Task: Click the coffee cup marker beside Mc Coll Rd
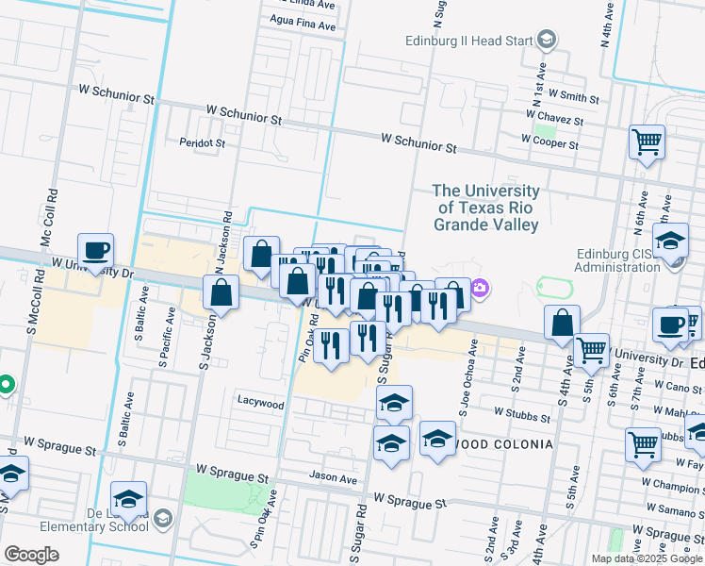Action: pyautogui.click(x=95, y=252)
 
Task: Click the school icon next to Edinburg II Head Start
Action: pyautogui.click(x=547, y=39)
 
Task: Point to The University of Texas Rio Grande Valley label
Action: pyautogui.click(x=485, y=208)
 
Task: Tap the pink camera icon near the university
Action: pyautogui.click(x=479, y=287)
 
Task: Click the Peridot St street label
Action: pyautogui.click(x=203, y=143)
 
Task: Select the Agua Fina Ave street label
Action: pyautogui.click(x=303, y=28)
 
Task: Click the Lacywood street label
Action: pyautogui.click(x=259, y=404)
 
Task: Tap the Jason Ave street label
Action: pyautogui.click(x=334, y=478)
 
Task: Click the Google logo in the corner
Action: pyautogui.click(x=31, y=555)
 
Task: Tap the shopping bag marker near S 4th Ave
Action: pyautogui.click(x=562, y=323)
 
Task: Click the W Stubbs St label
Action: pyautogui.click(x=521, y=415)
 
